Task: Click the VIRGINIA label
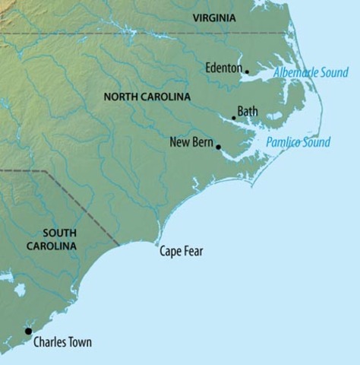[219, 17]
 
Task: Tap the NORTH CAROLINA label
[147, 97]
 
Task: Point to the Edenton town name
[223, 68]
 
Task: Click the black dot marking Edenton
[247, 72]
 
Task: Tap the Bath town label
[248, 112]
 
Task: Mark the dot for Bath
[234, 118]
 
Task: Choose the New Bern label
[191, 141]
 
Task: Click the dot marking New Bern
[218, 147]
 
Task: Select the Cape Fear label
[181, 252]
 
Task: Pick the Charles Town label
[62, 342]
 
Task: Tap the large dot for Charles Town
[28, 331]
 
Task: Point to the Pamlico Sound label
[298, 142]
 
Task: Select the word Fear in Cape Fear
[193, 252]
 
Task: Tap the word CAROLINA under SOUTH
[52, 246]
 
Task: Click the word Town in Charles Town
[78, 342]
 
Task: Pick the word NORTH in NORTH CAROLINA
[121, 97]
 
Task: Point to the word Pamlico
[283, 142]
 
